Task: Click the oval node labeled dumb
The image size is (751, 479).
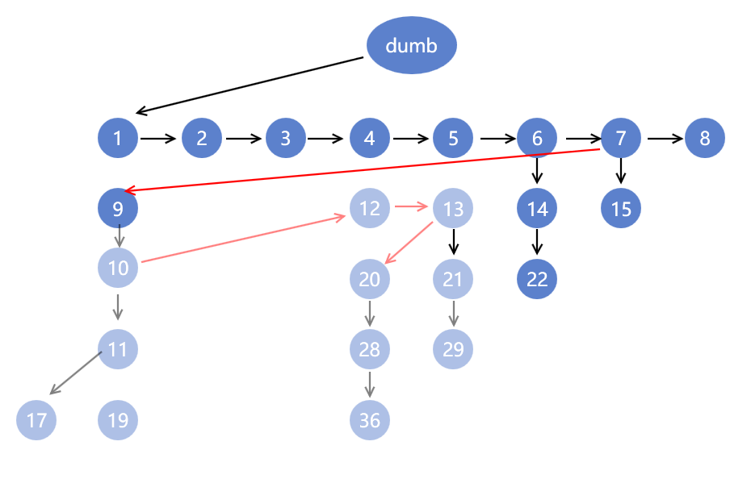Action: click(x=412, y=45)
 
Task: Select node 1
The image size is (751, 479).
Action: click(x=118, y=138)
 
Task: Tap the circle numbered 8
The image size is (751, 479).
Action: click(x=705, y=138)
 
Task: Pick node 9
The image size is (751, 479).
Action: click(x=118, y=210)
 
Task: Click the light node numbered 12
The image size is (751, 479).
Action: click(x=370, y=209)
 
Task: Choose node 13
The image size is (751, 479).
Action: click(x=453, y=209)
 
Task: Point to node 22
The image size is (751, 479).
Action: click(x=537, y=279)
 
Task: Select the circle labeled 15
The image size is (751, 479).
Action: click(x=621, y=209)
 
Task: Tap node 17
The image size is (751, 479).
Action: click(x=36, y=420)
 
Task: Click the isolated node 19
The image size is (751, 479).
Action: click(x=118, y=420)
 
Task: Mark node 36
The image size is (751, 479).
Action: click(x=370, y=420)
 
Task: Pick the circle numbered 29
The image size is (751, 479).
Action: click(x=453, y=349)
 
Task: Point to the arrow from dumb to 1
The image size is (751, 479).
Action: click(x=250, y=85)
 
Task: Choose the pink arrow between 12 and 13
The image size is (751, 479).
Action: click(x=411, y=208)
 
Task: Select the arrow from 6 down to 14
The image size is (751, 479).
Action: click(x=537, y=170)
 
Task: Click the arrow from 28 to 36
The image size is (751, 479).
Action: click(x=370, y=384)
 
